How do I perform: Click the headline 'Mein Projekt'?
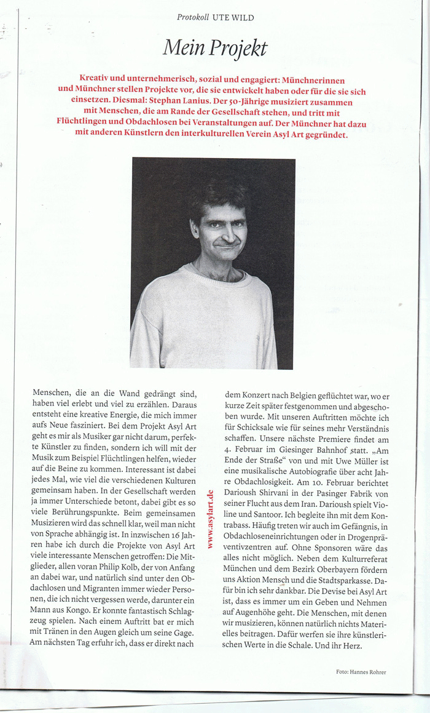pos(214,47)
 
